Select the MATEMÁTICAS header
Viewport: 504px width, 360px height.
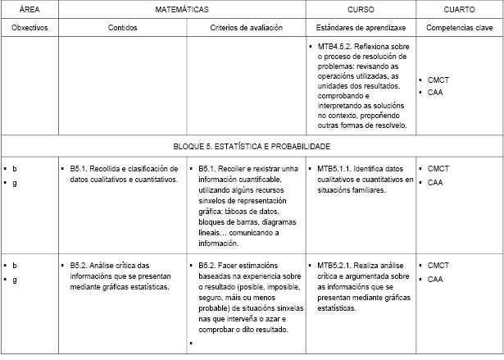click(181, 9)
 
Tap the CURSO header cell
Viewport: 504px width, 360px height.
click(361, 9)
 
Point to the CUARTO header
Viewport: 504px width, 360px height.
click(459, 9)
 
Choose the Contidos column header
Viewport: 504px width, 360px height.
click(123, 27)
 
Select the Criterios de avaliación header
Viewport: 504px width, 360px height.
click(246, 27)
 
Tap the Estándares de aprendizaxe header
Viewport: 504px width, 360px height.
click(361, 27)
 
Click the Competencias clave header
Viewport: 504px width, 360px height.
click(459, 27)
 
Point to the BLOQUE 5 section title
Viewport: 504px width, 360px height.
click(252, 146)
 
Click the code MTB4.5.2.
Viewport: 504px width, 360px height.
click(335, 48)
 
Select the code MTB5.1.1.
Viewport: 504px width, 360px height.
click(335, 169)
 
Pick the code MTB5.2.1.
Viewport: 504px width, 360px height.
click(335, 265)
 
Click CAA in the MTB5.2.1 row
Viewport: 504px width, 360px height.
click(435, 279)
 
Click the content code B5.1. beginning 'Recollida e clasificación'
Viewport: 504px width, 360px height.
click(81, 169)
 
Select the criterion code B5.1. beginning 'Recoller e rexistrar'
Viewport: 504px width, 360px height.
click(210, 169)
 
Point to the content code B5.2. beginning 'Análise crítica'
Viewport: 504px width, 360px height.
click(81, 265)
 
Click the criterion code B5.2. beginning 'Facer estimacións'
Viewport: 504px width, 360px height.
click(210, 265)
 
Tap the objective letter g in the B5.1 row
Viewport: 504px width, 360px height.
click(15, 183)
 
